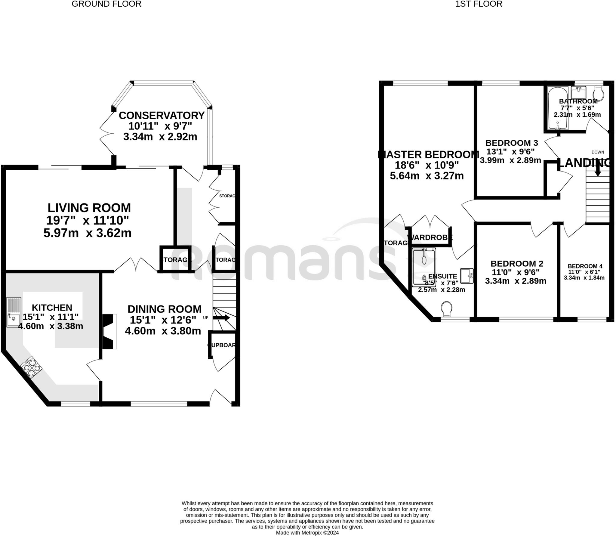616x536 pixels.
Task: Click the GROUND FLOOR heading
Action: coord(106,4)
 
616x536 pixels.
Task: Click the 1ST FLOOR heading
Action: coord(478,4)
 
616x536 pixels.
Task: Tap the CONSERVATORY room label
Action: coord(162,116)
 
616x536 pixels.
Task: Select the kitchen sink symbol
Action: coord(14,312)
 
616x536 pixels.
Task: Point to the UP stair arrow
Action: coord(221,318)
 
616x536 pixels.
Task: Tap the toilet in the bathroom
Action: coord(599,94)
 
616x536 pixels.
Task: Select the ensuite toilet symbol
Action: coord(447,309)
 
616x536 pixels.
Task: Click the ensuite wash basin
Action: coord(467,276)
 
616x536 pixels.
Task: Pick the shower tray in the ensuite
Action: coord(423,267)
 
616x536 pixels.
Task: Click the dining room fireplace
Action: coord(109,331)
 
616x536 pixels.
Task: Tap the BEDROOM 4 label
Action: coord(585,266)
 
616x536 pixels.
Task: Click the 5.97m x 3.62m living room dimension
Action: coord(88,233)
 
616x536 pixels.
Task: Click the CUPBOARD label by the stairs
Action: coord(221,345)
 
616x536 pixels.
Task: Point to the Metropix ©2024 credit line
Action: coord(307,533)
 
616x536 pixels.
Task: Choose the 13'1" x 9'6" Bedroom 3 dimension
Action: coord(512,152)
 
